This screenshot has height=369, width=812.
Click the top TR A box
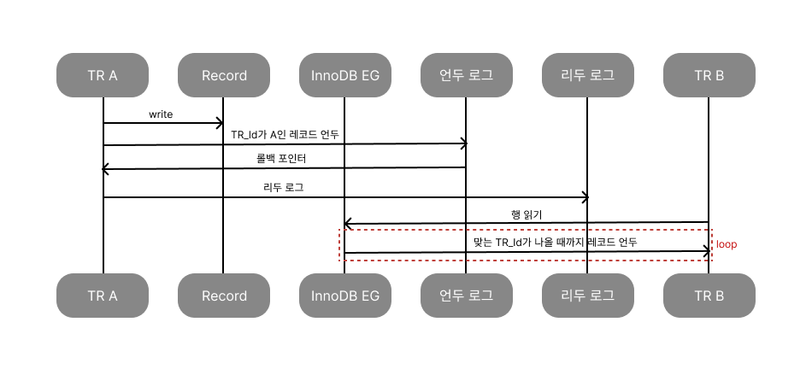pyautogui.click(x=103, y=75)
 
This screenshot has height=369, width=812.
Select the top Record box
pyautogui.click(x=224, y=75)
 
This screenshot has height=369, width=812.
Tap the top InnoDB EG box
pyautogui.click(x=345, y=75)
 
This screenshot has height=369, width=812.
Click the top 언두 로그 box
pyautogui.click(x=467, y=75)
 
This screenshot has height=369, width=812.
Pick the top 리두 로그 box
pyautogui.click(x=588, y=75)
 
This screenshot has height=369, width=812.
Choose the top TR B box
pyautogui.click(x=709, y=75)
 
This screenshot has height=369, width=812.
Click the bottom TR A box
pyautogui.click(x=103, y=296)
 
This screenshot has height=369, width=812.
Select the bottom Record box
pyautogui.click(x=224, y=296)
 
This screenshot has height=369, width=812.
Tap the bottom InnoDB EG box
pyautogui.click(x=345, y=296)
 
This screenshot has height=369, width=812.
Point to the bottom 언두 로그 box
pyautogui.click(x=467, y=296)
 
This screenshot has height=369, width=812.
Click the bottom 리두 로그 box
pyautogui.click(x=588, y=296)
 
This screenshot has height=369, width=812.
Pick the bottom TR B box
pyautogui.click(x=709, y=296)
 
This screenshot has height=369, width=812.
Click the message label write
pyautogui.click(x=161, y=114)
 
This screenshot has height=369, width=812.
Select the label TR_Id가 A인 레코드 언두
pyautogui.click(x=286, y=134)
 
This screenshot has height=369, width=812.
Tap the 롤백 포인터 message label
pyautogui.click(x=285, y=159)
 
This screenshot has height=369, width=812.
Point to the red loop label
pyautogui.click(x=727, y=244)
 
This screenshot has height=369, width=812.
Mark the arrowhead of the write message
pyautogui.click(x=220, y=124)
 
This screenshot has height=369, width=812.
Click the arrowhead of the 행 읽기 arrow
pyautogui.click(x=349, y=224)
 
